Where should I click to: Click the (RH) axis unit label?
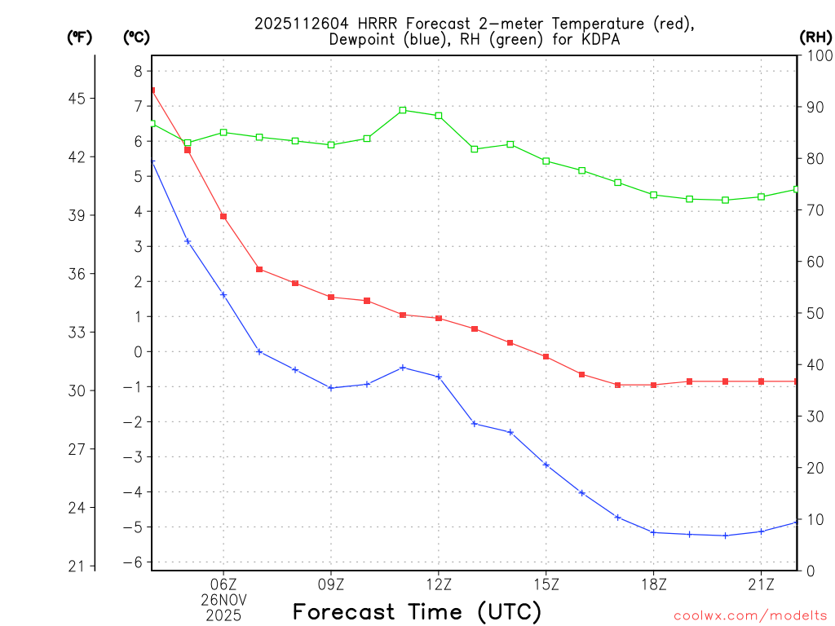[815, 37]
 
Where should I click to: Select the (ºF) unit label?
[79, 37]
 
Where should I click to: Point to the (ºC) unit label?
[136, 37]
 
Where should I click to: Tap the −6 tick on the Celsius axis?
[132, 562]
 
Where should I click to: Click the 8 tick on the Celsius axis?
[137, 71]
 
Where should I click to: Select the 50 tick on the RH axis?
[815, 313]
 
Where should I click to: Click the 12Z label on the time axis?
[439, 583]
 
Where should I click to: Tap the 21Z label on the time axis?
[761, 583]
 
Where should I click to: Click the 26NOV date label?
[223, 599]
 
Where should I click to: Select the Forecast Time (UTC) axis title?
[417, 611]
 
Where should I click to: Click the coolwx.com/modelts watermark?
[750, 615]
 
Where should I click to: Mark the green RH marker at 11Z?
[403, 110]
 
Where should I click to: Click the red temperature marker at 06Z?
[223, 216]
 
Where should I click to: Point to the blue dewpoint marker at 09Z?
[331, 388]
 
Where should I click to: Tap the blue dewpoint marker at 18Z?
[653, 532]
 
